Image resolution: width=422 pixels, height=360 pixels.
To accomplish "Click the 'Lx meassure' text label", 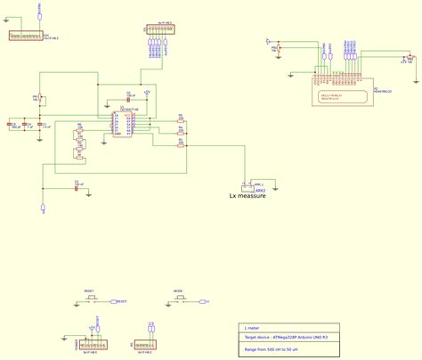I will (x=248, y=196).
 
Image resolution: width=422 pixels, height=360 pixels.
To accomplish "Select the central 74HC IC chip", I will (x=124, y=124).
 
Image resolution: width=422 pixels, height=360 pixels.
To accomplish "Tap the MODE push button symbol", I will (x=180, y=301).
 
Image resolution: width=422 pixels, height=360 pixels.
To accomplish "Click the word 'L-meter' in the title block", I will (x=252, y=329).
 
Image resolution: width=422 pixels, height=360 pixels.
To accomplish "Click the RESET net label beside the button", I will (x=121, y=301).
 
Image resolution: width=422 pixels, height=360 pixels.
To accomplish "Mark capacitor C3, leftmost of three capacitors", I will (x=12, y=124).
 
